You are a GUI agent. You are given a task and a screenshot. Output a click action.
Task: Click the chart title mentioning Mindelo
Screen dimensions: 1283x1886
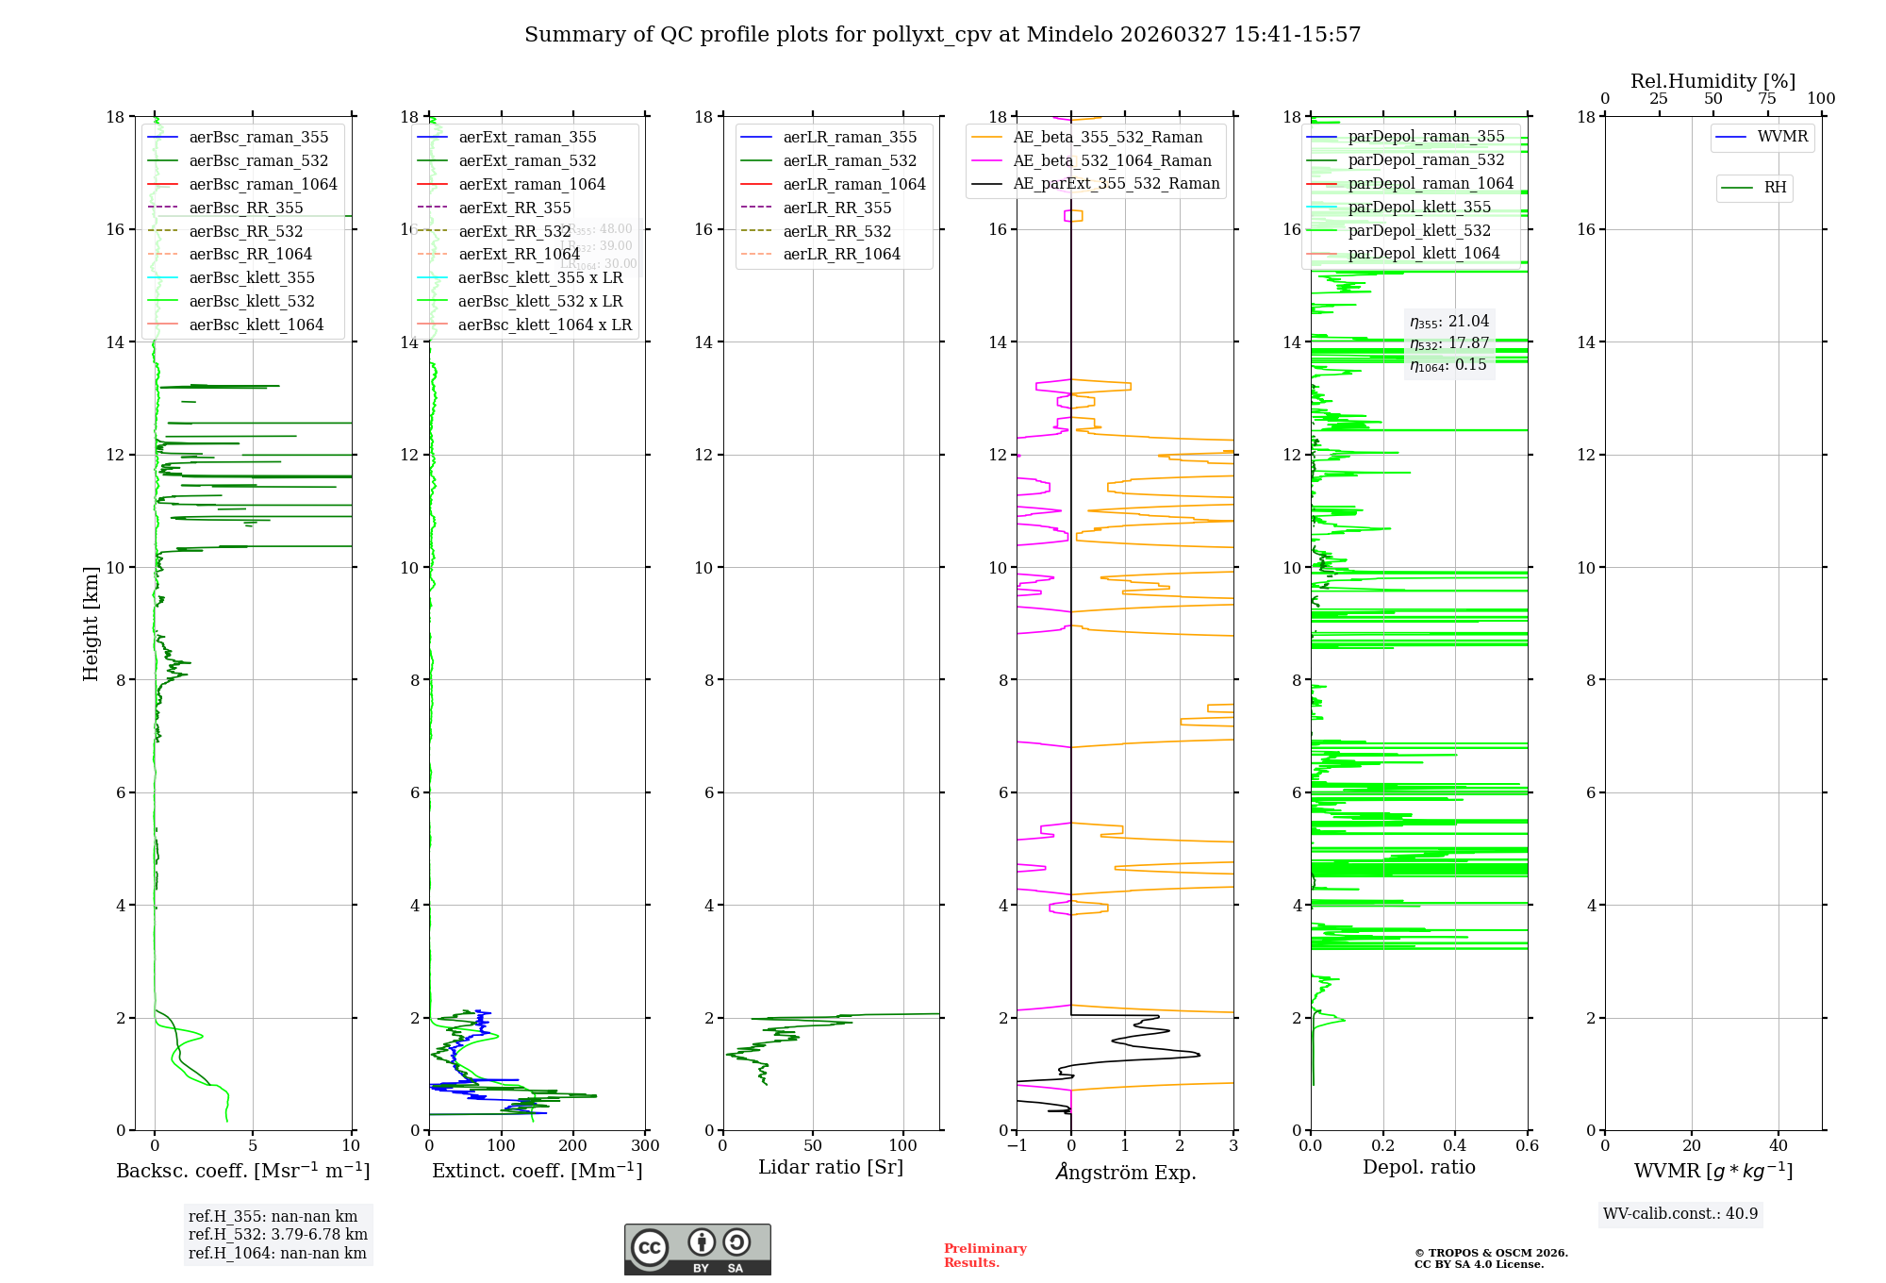point(942,35)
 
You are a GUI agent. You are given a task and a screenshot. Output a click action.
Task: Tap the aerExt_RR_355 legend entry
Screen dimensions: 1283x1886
point(514,208)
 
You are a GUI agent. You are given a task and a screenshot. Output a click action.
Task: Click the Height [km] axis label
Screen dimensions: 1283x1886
point(91,624)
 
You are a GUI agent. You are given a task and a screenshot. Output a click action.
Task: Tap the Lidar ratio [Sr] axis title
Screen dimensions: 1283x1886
point(831,1167)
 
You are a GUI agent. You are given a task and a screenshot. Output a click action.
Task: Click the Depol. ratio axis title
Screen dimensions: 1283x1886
point(1418,1167)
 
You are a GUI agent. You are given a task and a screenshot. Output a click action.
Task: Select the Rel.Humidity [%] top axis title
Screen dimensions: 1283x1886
point(1712,81)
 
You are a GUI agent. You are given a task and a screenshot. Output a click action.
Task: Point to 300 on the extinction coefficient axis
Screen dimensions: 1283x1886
point(645,1146)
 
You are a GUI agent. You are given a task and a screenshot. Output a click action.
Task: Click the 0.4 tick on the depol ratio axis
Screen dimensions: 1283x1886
point(1455,1146)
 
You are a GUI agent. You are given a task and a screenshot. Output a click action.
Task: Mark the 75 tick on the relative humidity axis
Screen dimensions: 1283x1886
point(1767,99)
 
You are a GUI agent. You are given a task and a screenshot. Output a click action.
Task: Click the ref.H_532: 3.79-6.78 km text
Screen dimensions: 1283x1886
point(277,1234)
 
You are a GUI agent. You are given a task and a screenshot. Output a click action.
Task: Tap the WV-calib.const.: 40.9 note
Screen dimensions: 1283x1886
point(1680,1213)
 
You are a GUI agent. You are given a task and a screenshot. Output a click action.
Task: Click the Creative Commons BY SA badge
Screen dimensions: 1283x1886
point(697,1249)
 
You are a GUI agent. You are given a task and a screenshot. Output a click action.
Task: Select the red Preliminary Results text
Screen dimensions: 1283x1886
point(984,1256)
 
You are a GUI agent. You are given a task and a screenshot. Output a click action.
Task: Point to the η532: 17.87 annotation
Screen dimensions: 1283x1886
point(1449,343)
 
